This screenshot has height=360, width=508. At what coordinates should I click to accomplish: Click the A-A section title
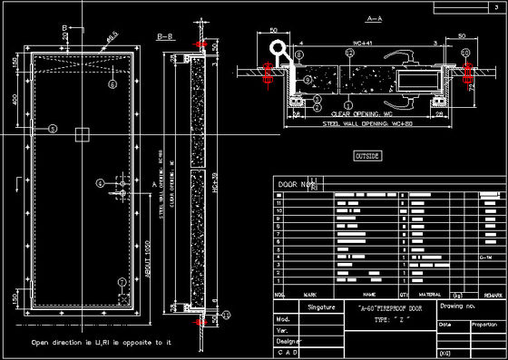(348, 17)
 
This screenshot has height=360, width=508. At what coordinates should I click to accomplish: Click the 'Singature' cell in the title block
(321, 308)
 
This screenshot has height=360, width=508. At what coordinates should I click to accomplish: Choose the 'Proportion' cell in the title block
(484, 324)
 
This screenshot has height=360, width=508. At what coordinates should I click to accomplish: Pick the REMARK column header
(493, 295)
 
